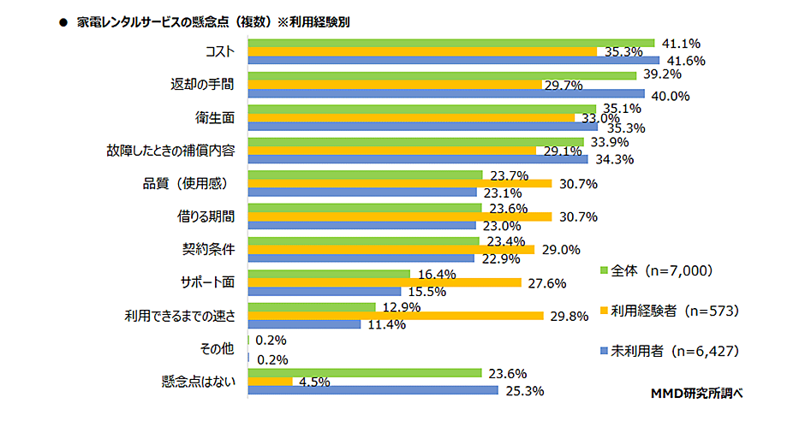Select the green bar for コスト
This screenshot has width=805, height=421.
[x=450, y=42]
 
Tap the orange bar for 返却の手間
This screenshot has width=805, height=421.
[x=395, y=85]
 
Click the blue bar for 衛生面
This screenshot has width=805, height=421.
[x=423, y=127]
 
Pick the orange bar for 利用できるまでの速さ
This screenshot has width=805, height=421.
[x=395, y=316]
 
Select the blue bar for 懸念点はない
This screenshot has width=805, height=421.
[x=373, y=390]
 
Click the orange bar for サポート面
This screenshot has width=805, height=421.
[x=384, y=282]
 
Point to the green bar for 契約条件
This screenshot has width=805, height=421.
[x=363, y=241]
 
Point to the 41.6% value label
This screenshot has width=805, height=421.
[x=684, y=62]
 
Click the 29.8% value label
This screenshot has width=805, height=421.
[x=567, y=317]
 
